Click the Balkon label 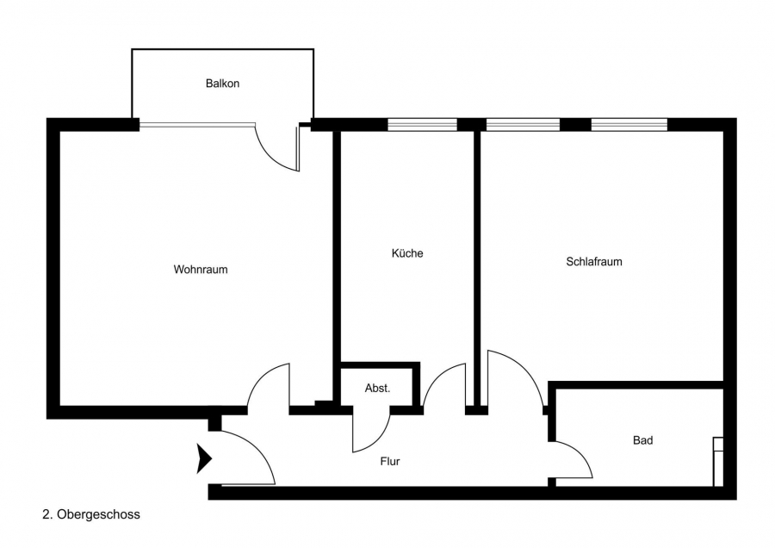[222, 84]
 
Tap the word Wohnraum [201, 270]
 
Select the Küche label [407, 253]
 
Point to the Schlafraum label [594, 262]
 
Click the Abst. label [377, 389]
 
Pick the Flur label [390, 461]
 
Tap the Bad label [642, 440]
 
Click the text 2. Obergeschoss [91, 514]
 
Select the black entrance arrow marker [204, 458]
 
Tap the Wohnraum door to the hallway [267, 383]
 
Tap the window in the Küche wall [422, 125]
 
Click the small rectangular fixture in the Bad [717, 462]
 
